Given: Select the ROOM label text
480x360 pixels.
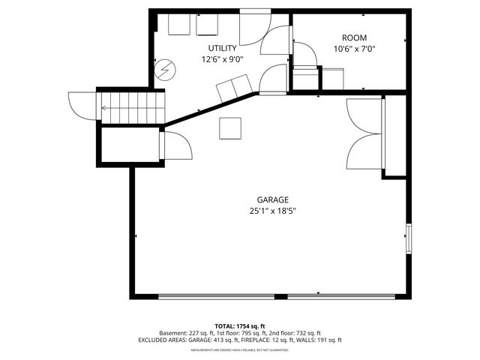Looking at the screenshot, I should pos(354,37).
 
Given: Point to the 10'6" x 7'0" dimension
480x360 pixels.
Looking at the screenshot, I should pos(354,49).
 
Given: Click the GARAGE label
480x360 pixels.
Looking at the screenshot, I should pos(273,199).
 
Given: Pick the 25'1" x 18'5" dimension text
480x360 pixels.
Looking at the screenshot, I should pos(273,211).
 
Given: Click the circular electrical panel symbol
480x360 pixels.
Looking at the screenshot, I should pos(163,70).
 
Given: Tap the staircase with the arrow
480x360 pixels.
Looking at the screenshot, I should pos(131,106).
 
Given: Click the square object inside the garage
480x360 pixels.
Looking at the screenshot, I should pos(231,128).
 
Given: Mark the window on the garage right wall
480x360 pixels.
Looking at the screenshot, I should pos(409,238).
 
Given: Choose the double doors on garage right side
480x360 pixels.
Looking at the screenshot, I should pos(366,129).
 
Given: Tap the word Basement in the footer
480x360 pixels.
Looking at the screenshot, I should pos(174,333).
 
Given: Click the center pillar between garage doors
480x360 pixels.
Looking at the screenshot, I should pos(280,296).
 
